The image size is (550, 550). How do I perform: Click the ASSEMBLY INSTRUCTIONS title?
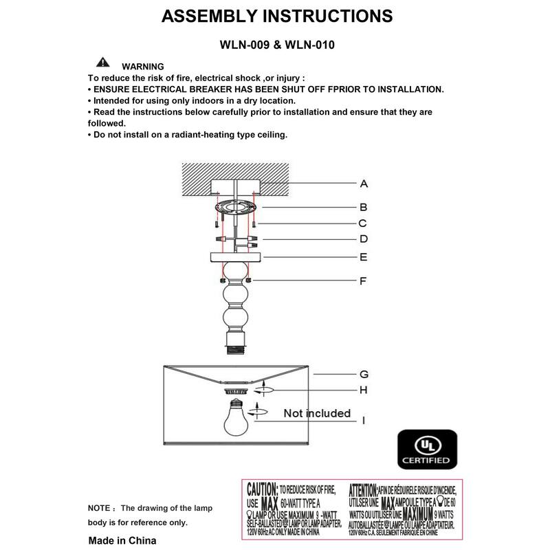coord(277,16)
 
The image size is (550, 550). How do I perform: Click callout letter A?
coord(364,184)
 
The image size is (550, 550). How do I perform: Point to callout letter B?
coord(364,207)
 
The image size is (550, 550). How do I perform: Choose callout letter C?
coord(364,223)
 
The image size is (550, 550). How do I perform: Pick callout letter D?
coord(364,240)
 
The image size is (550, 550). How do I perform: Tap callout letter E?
coord(364,258)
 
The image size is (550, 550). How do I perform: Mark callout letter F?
coord(364,280)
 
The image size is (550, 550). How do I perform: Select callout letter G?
coord(364,375)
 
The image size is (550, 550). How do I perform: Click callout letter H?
coord(364,390)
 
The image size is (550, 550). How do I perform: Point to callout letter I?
coord(364,419)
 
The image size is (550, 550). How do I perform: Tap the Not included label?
coord(317,414)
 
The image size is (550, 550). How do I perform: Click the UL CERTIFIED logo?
coord(427,450)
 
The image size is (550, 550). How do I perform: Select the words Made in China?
coord(122,540)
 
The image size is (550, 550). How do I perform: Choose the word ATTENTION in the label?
coord(362,491)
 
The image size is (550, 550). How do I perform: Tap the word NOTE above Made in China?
coord(99,508)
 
